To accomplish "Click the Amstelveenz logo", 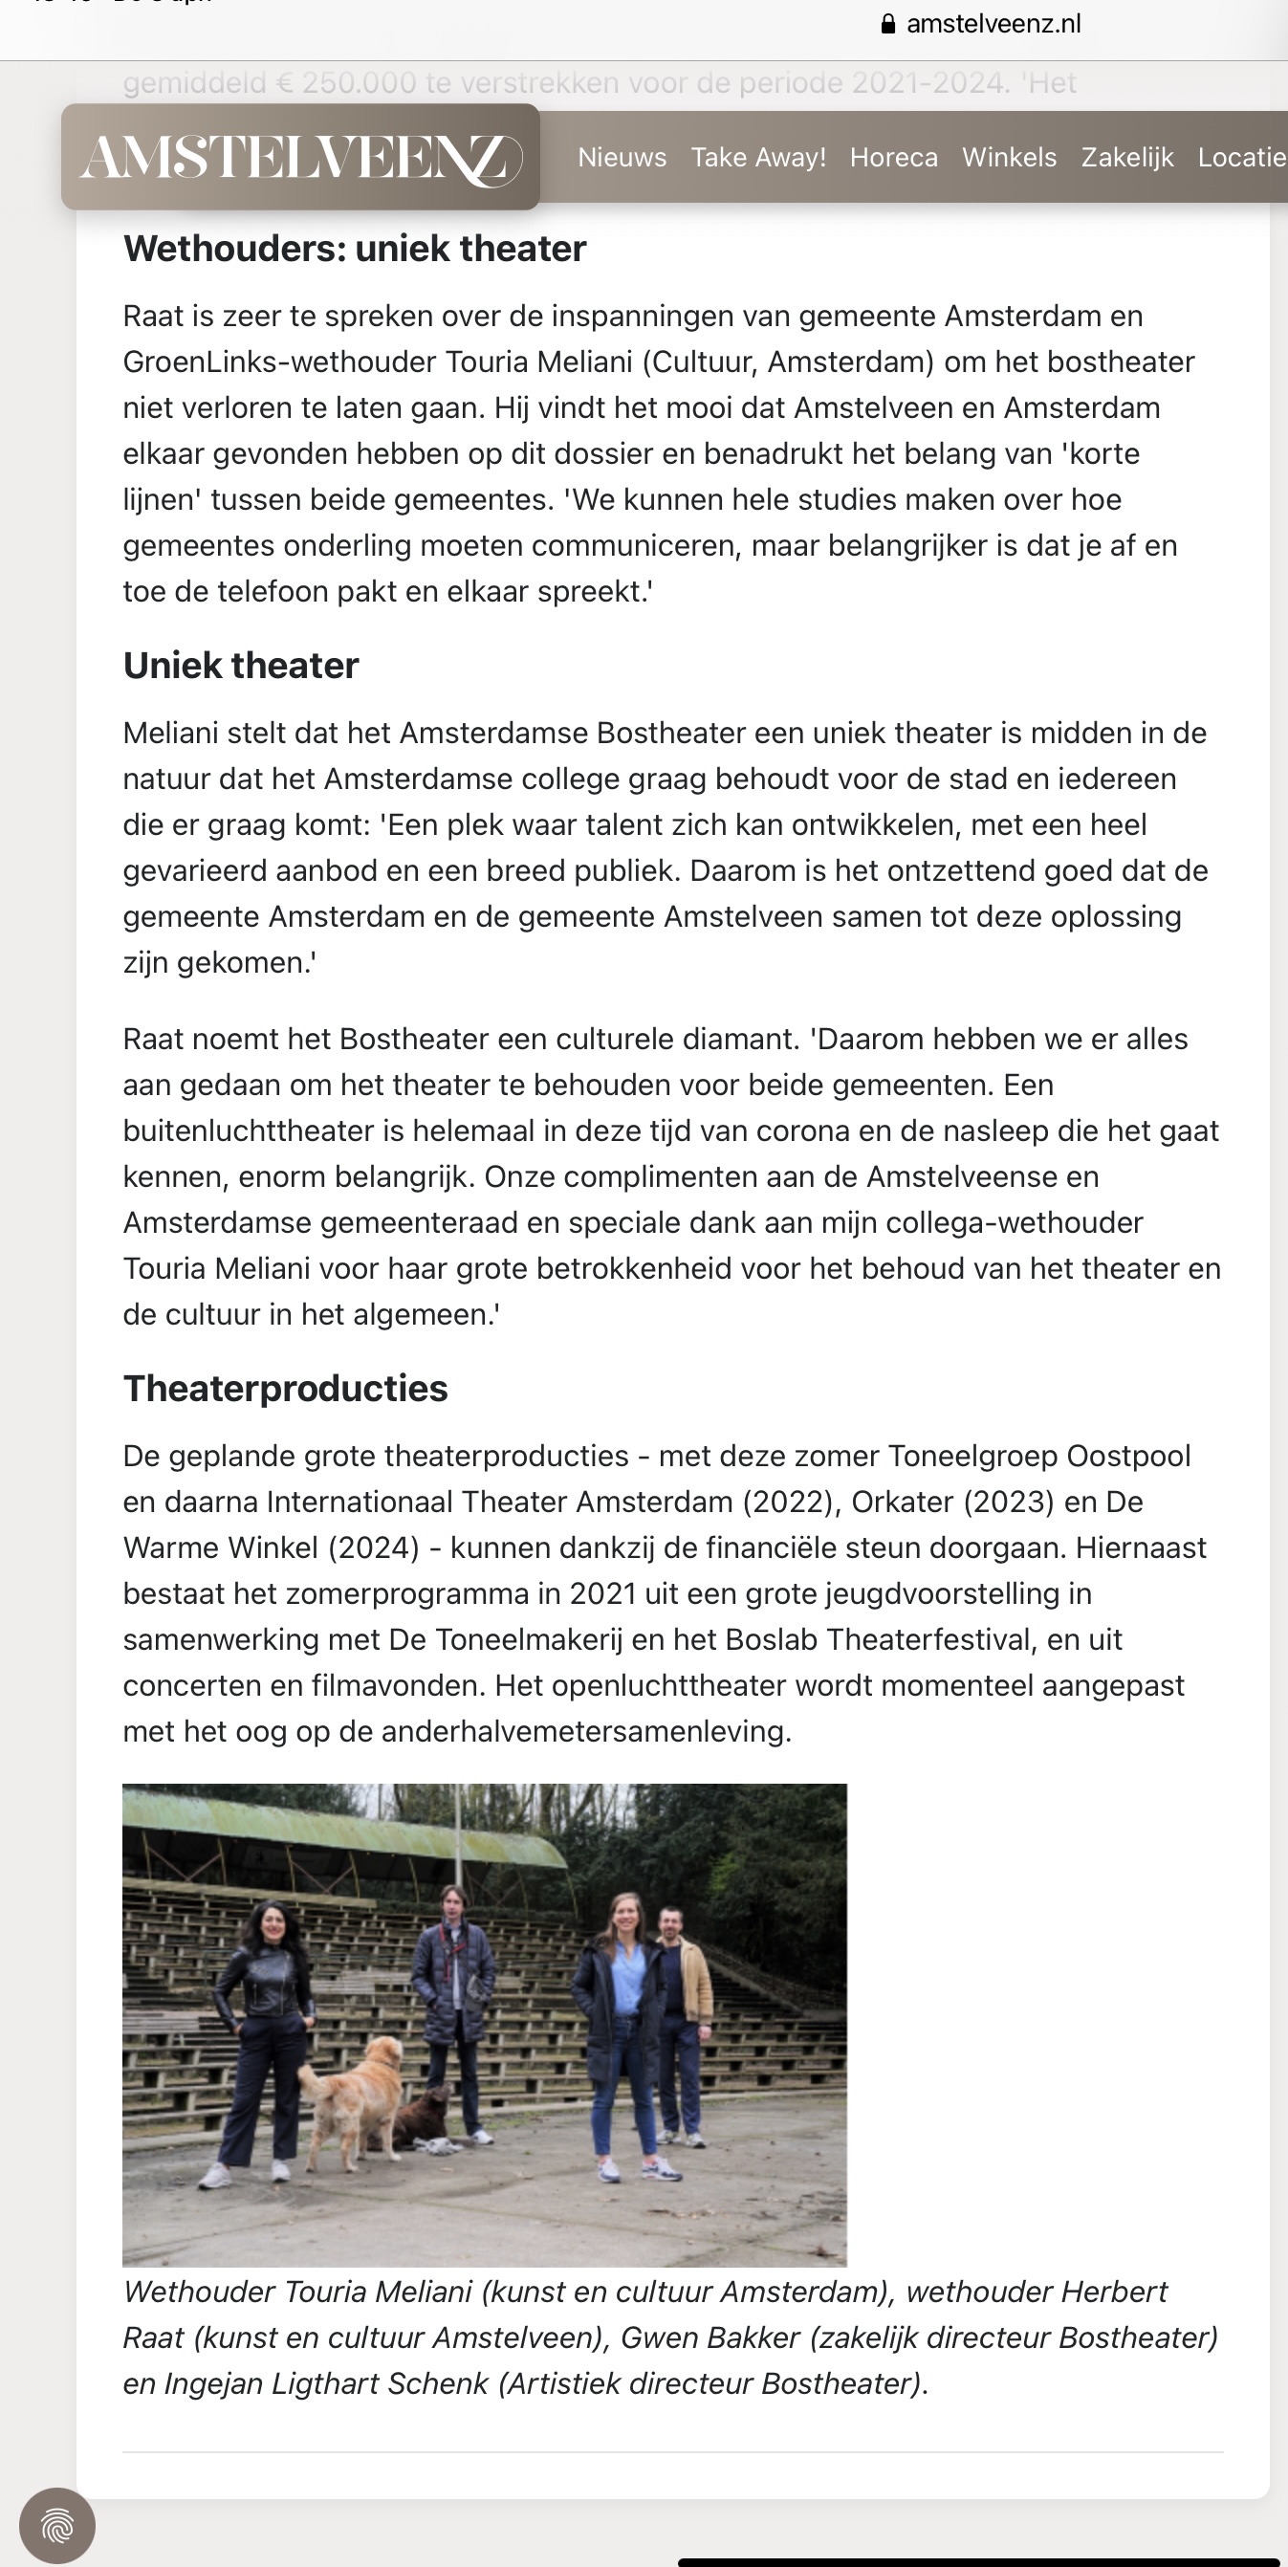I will (300, 158).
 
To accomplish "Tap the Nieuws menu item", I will (622, 158).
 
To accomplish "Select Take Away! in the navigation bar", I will (758, 158).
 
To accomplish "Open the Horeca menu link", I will (893, 158).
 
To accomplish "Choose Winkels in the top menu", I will (1009, 158).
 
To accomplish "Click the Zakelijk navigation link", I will (1126, 158).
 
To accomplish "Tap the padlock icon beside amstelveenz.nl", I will (888, 24).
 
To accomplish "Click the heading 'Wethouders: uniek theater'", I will (355, 248).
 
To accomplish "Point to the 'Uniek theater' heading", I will (241, 665).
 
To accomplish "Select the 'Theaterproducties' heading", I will (286, 1388).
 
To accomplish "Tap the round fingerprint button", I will (57, 2525).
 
